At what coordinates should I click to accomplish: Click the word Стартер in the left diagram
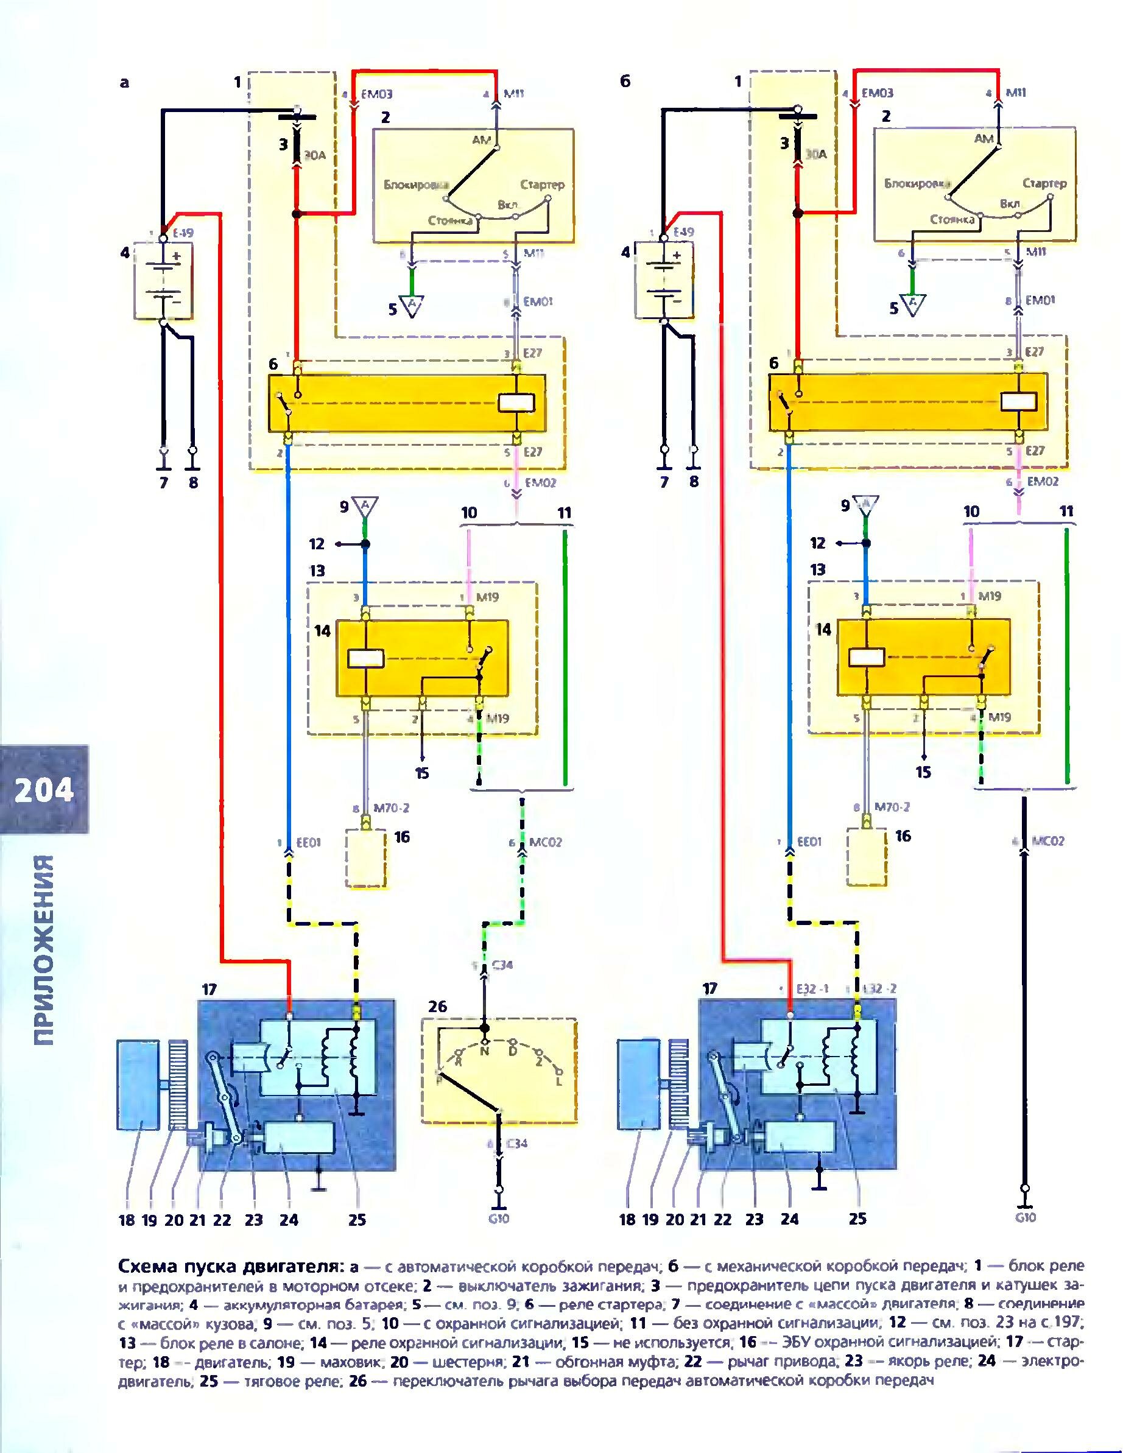pyautogui.click(x=541, y=185)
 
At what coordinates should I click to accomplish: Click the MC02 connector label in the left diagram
pyautogui.click(x=546, y=842)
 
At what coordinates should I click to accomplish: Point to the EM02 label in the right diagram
pyautogui.click(x=1042, y=482)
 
